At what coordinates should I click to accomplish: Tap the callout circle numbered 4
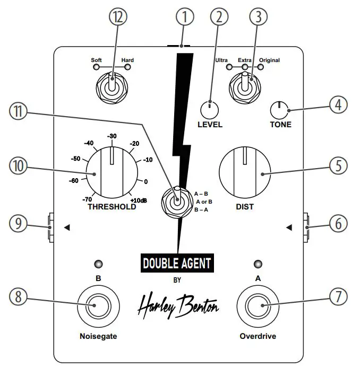[x=338, y=104]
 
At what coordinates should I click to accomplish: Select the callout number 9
[x=19, y=223]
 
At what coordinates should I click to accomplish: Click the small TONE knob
[x=278, y=110]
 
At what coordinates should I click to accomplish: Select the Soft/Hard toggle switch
[x=112, y=85]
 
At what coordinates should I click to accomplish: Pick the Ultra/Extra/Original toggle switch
[x=245, y=85]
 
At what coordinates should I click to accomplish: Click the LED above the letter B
[x=98, y=264]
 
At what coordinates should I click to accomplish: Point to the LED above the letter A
[x=258, y=264]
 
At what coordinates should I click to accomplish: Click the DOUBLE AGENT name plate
[x=177, y=263]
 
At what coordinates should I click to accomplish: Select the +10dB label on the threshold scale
[x=139, y=199]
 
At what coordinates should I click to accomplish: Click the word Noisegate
[x=97, y=336]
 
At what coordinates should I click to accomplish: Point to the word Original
[x=269, y=60]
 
